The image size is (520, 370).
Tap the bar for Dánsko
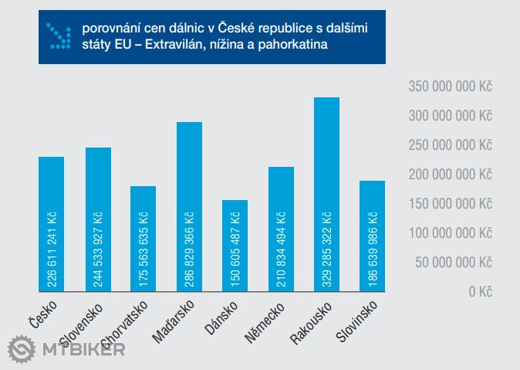[x=235, y=246]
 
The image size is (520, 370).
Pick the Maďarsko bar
[x=189, y=206]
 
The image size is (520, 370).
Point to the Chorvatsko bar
[x=144, y=239]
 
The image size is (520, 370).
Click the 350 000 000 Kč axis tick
[x=450, y=87]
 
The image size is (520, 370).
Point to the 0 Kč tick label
[x=479, y=292]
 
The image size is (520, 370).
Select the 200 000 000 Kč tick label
[x=450, y=175]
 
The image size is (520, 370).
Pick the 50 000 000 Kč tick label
[x=453, y=263]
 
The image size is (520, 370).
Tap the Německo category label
[x=266, y=320]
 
